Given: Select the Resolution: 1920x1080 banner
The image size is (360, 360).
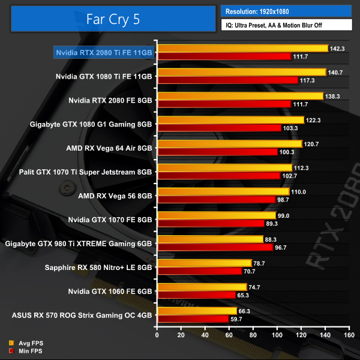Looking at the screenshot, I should (x=286, y=11).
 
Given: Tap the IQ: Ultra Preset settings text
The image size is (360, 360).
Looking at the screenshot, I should (x=286, y=25).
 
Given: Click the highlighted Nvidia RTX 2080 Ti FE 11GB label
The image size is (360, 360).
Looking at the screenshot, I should (x=104, y=53).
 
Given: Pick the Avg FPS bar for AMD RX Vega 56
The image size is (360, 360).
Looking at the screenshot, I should (x=223, y=191).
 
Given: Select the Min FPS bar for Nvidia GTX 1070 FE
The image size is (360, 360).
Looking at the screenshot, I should (x=210, y=223).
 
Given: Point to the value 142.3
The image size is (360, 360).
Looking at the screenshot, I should (x=337, y=48).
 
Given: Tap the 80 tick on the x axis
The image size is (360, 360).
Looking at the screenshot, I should (x=251, y=336).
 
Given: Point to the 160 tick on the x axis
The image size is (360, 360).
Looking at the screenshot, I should (x=347, y=336).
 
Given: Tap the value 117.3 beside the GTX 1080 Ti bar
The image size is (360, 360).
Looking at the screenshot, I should (x=307, y=80).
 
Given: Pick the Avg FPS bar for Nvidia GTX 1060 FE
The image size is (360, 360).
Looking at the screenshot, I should (x=201, y=287).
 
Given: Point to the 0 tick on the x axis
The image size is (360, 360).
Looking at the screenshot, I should (x=157, y=336).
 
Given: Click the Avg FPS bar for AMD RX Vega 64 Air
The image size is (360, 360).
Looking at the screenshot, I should (x=229, y=144).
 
